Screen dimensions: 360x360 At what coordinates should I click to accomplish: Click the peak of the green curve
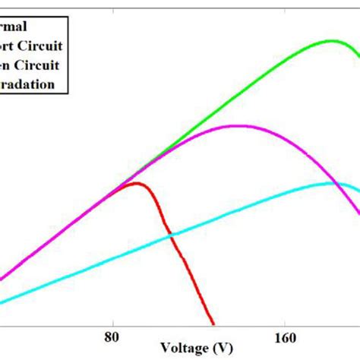pos(330,40)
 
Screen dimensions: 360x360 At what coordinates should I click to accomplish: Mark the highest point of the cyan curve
pos(334,182)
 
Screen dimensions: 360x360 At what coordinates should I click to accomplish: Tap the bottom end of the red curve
pos(214,324)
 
